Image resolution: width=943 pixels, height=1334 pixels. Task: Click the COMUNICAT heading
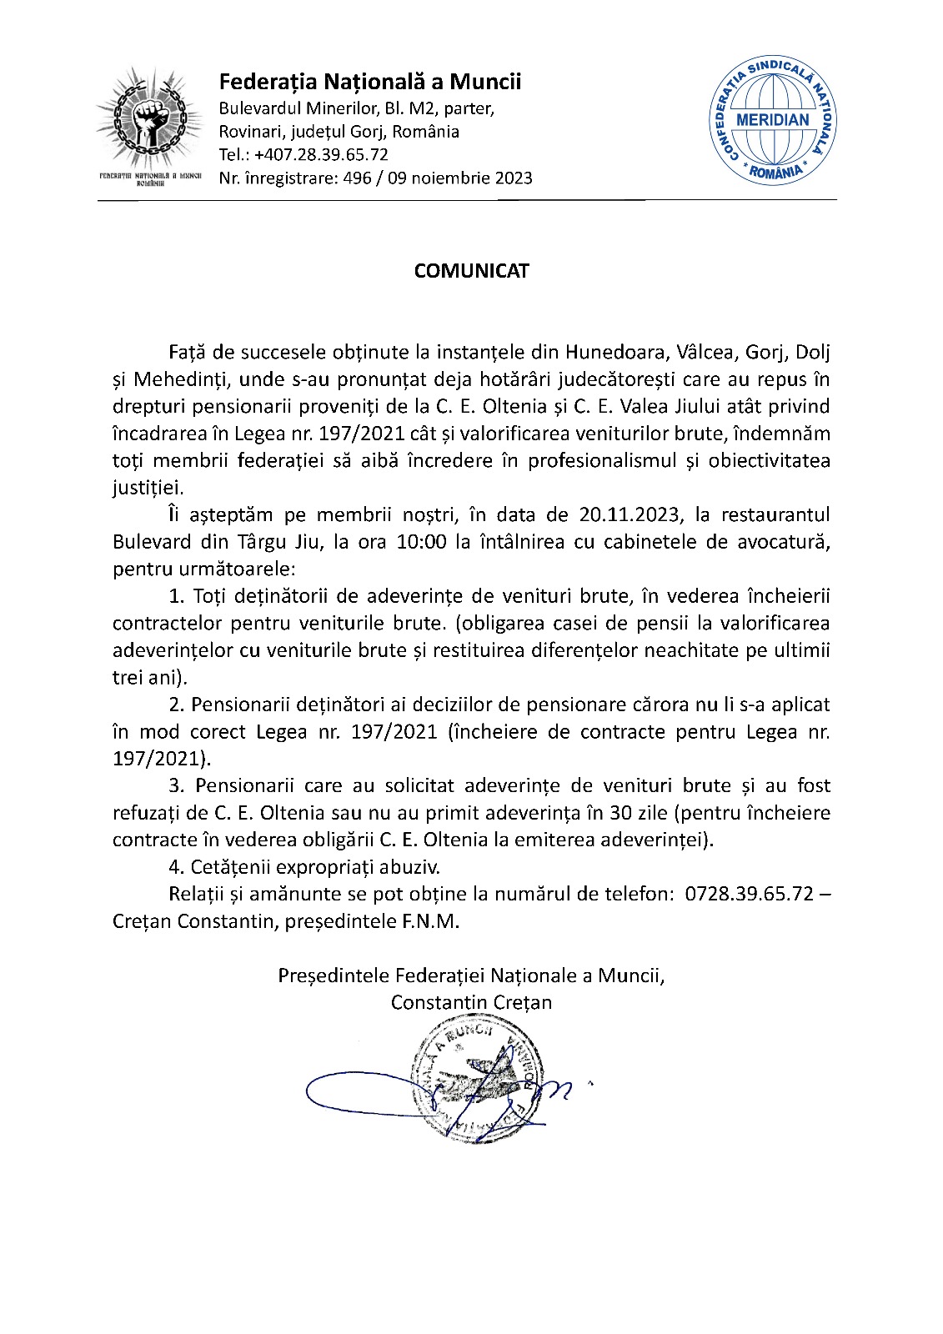point(471,271)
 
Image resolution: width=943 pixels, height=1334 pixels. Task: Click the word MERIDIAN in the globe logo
point(773,119)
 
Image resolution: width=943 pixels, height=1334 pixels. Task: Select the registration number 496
point(357,178)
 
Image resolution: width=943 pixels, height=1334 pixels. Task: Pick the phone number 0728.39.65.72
point(748,895)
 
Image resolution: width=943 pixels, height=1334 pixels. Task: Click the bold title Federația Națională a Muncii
point(369,82)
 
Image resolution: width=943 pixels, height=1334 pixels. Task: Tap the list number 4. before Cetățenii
point(176,867)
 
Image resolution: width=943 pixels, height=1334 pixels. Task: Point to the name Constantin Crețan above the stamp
point(471,1002)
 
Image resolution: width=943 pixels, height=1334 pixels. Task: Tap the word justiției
point(148,489)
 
